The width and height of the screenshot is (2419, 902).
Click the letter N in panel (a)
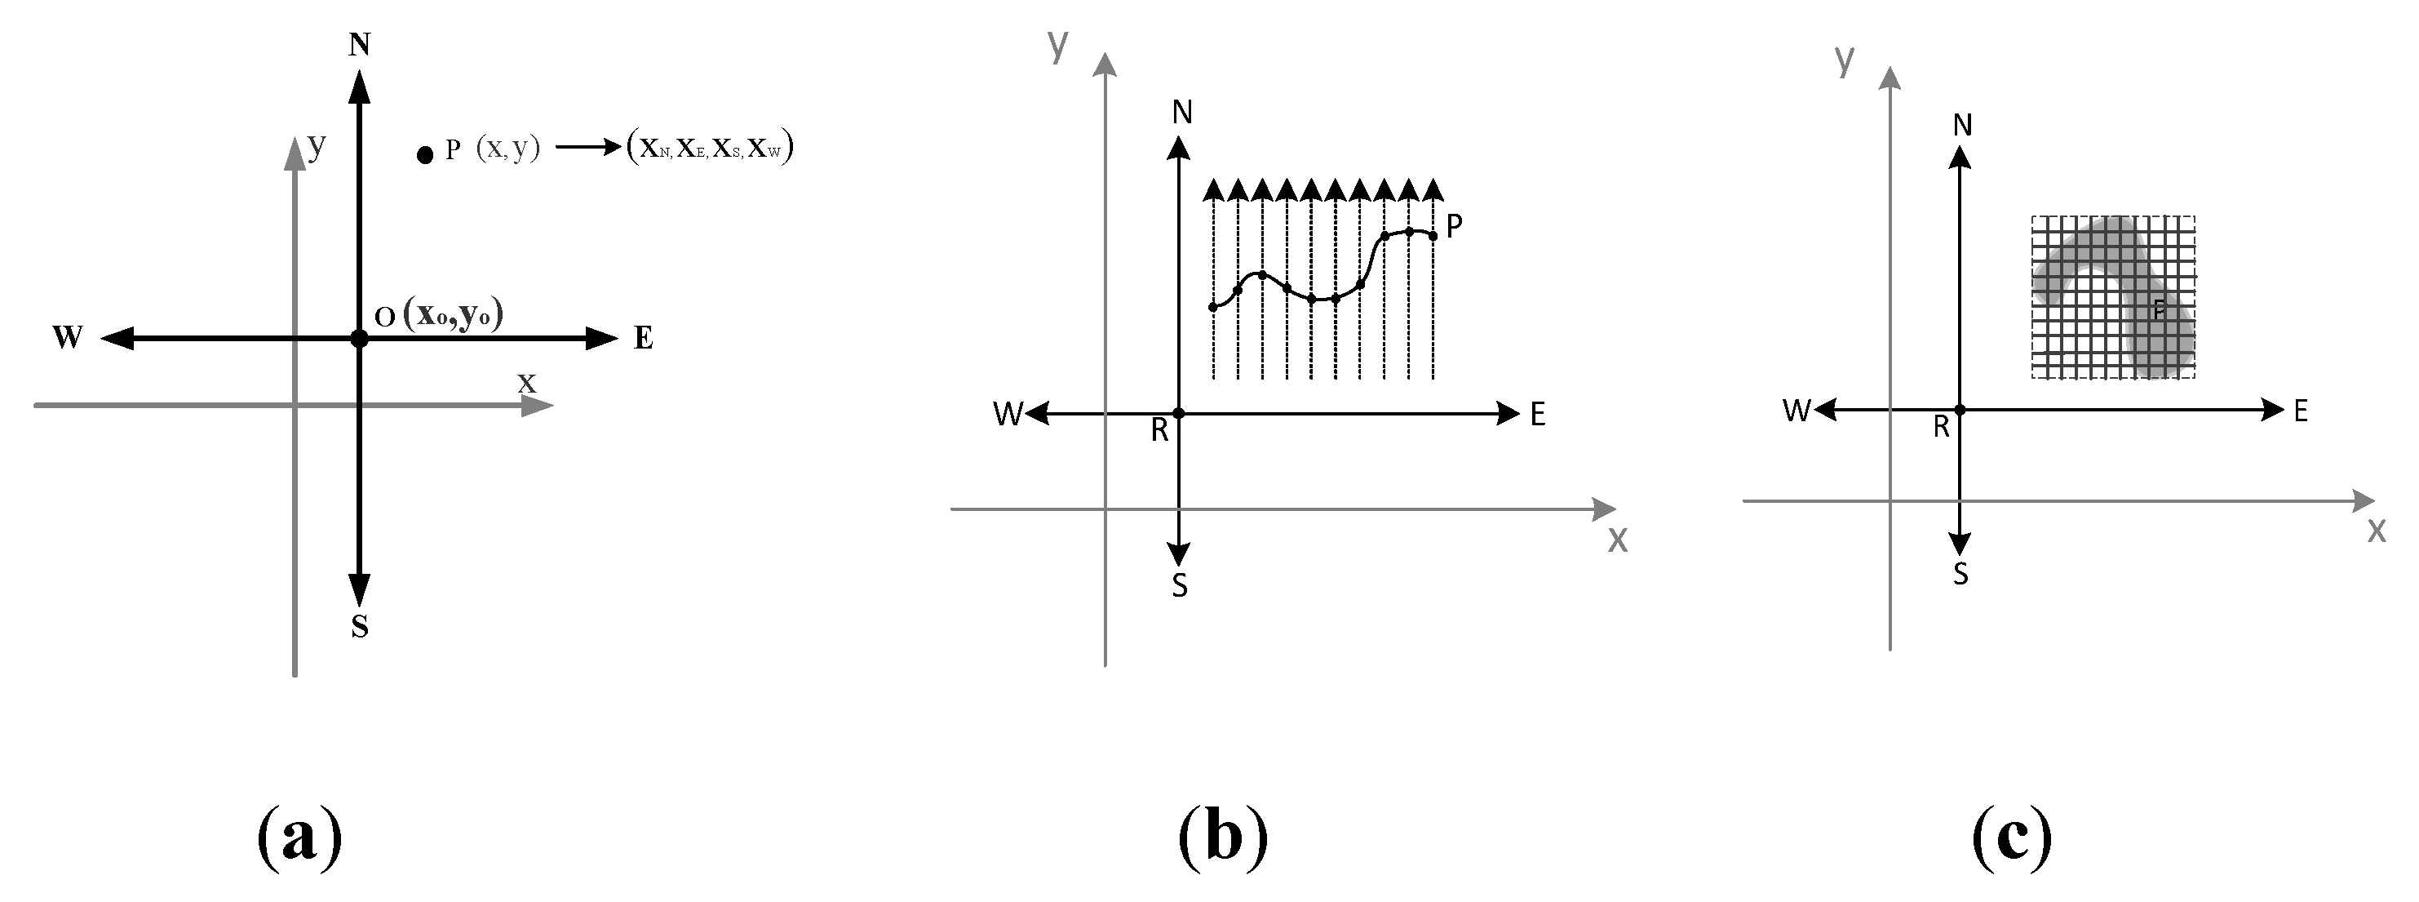tap(359, 44)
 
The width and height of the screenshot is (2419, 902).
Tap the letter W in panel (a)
tap(68, 337)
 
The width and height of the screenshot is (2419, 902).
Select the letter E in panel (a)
tap(643, 337)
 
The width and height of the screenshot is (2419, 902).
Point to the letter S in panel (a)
tap(360, 627)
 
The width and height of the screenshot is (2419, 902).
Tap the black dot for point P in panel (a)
tap(425, 155)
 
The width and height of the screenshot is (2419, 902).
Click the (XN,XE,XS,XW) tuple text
tap(710, 148)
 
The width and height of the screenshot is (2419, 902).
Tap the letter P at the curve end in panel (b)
tap(1454, 225)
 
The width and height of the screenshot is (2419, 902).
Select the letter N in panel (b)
tap(1182, 113)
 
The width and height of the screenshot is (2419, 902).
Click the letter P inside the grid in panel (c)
tap(2159, 309)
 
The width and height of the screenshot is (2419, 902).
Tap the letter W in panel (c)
tap(1797, 410)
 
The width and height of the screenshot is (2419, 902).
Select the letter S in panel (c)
tap(1960, 573)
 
